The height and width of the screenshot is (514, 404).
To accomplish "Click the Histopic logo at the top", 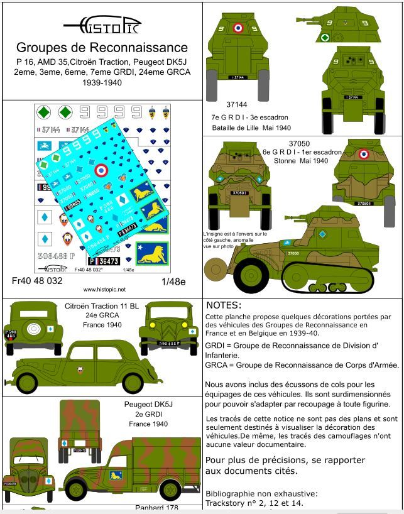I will pos(102,25).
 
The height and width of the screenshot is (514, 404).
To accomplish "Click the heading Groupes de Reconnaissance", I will pos(102,47).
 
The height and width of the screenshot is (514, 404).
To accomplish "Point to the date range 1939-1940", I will pos(101,82).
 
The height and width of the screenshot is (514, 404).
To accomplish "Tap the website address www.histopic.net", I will pos(104,290).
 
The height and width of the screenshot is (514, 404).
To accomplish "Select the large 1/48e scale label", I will pos(173,281).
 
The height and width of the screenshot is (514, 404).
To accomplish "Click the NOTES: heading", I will pos(224,305).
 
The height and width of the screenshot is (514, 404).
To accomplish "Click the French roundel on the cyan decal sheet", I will pos(101,170).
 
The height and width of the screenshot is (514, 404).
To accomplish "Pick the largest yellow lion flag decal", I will pos(151,254).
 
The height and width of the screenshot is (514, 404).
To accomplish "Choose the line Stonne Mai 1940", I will pos(301,161).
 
